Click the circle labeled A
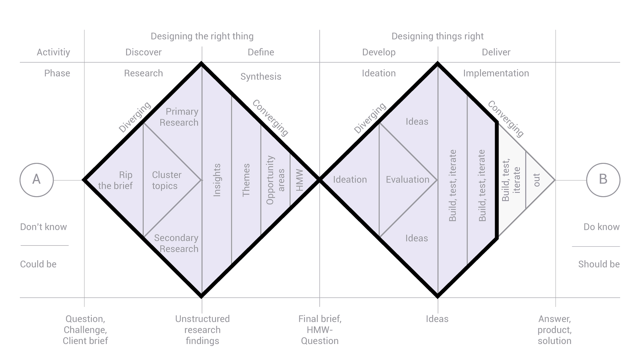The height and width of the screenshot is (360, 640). pyautogui.click(x=36, y=180)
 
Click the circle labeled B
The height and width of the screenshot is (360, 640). pyautogui.click(x=603, y=180)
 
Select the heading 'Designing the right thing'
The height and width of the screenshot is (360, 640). pyautogui.click(x=202, y=36)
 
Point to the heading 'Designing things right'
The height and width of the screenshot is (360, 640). pyautogui.click(x=437, y=36)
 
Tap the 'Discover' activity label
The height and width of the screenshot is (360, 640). pyautogui.click(x=143, y=52)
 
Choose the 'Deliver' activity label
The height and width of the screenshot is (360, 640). pyautogui.click(x=496, y=52)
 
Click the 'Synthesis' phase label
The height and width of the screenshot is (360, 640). pyautogui.click(x=261, y=76)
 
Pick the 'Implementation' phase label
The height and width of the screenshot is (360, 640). pyautogui.click(x=496, y=73)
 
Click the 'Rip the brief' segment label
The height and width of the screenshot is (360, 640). pyautogui.click(x=116, y=180)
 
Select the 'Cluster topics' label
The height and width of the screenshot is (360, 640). pyautogui.click(x=166, y=180)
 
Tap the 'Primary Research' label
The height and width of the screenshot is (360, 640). pyautogui.click(x=179, y=117)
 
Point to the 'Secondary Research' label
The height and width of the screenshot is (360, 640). pyautogui.click(x=177, y=243)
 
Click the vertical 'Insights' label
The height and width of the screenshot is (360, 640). pyautogui.click(x=217, y=180)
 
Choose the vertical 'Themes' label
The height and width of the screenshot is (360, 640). pyautogui.click(x=246, y=180)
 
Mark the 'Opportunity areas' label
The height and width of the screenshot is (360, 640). pyautogui.click(x=275, y=180)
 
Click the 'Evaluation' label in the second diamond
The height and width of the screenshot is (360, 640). pyautogui.click(x=407, y=180)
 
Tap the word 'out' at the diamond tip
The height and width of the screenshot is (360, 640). pyautogui.click(x=537, y=180)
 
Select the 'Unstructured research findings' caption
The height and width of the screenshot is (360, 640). pyautogui.click(x=202, y=330)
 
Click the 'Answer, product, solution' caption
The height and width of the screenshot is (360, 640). pyautogui.click(x=555, y=330)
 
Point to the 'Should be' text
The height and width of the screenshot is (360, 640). pyautogui.click(x=599, y=264)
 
